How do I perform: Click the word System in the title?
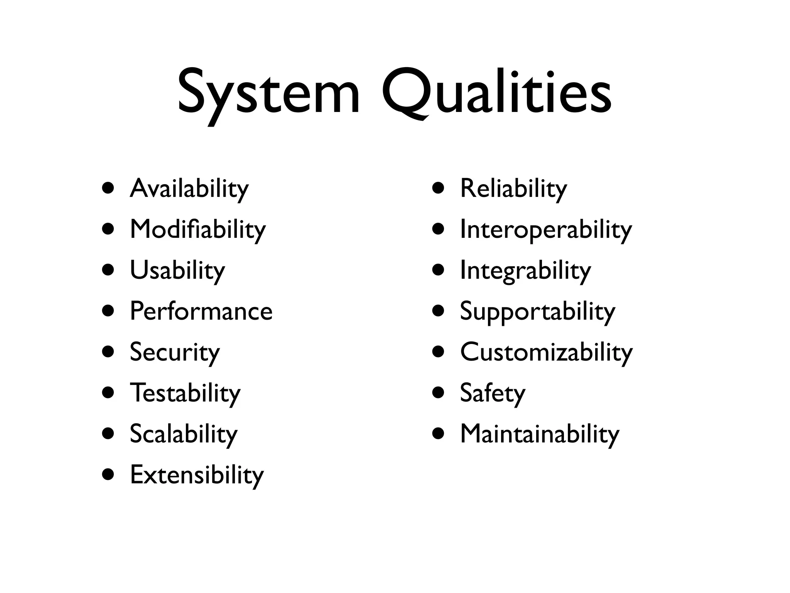point(268,93)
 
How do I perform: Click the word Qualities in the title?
point(496,93)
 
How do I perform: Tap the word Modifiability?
point(197,229)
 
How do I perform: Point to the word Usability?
point(177,270)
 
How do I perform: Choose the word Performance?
point(201,311)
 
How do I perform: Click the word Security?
point(174,352)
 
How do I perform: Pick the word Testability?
point(185,393)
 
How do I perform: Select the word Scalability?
point(183,434)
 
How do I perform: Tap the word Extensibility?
point(197,475)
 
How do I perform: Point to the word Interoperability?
point(546,229)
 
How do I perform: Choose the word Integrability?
point(525,270)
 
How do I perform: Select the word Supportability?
point(537,311)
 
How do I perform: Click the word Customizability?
point(546,352)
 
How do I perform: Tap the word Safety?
point(493,393)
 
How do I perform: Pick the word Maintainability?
point(539,434)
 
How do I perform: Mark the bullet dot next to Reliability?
point(438,188)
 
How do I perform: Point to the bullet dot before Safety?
point(438,393)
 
